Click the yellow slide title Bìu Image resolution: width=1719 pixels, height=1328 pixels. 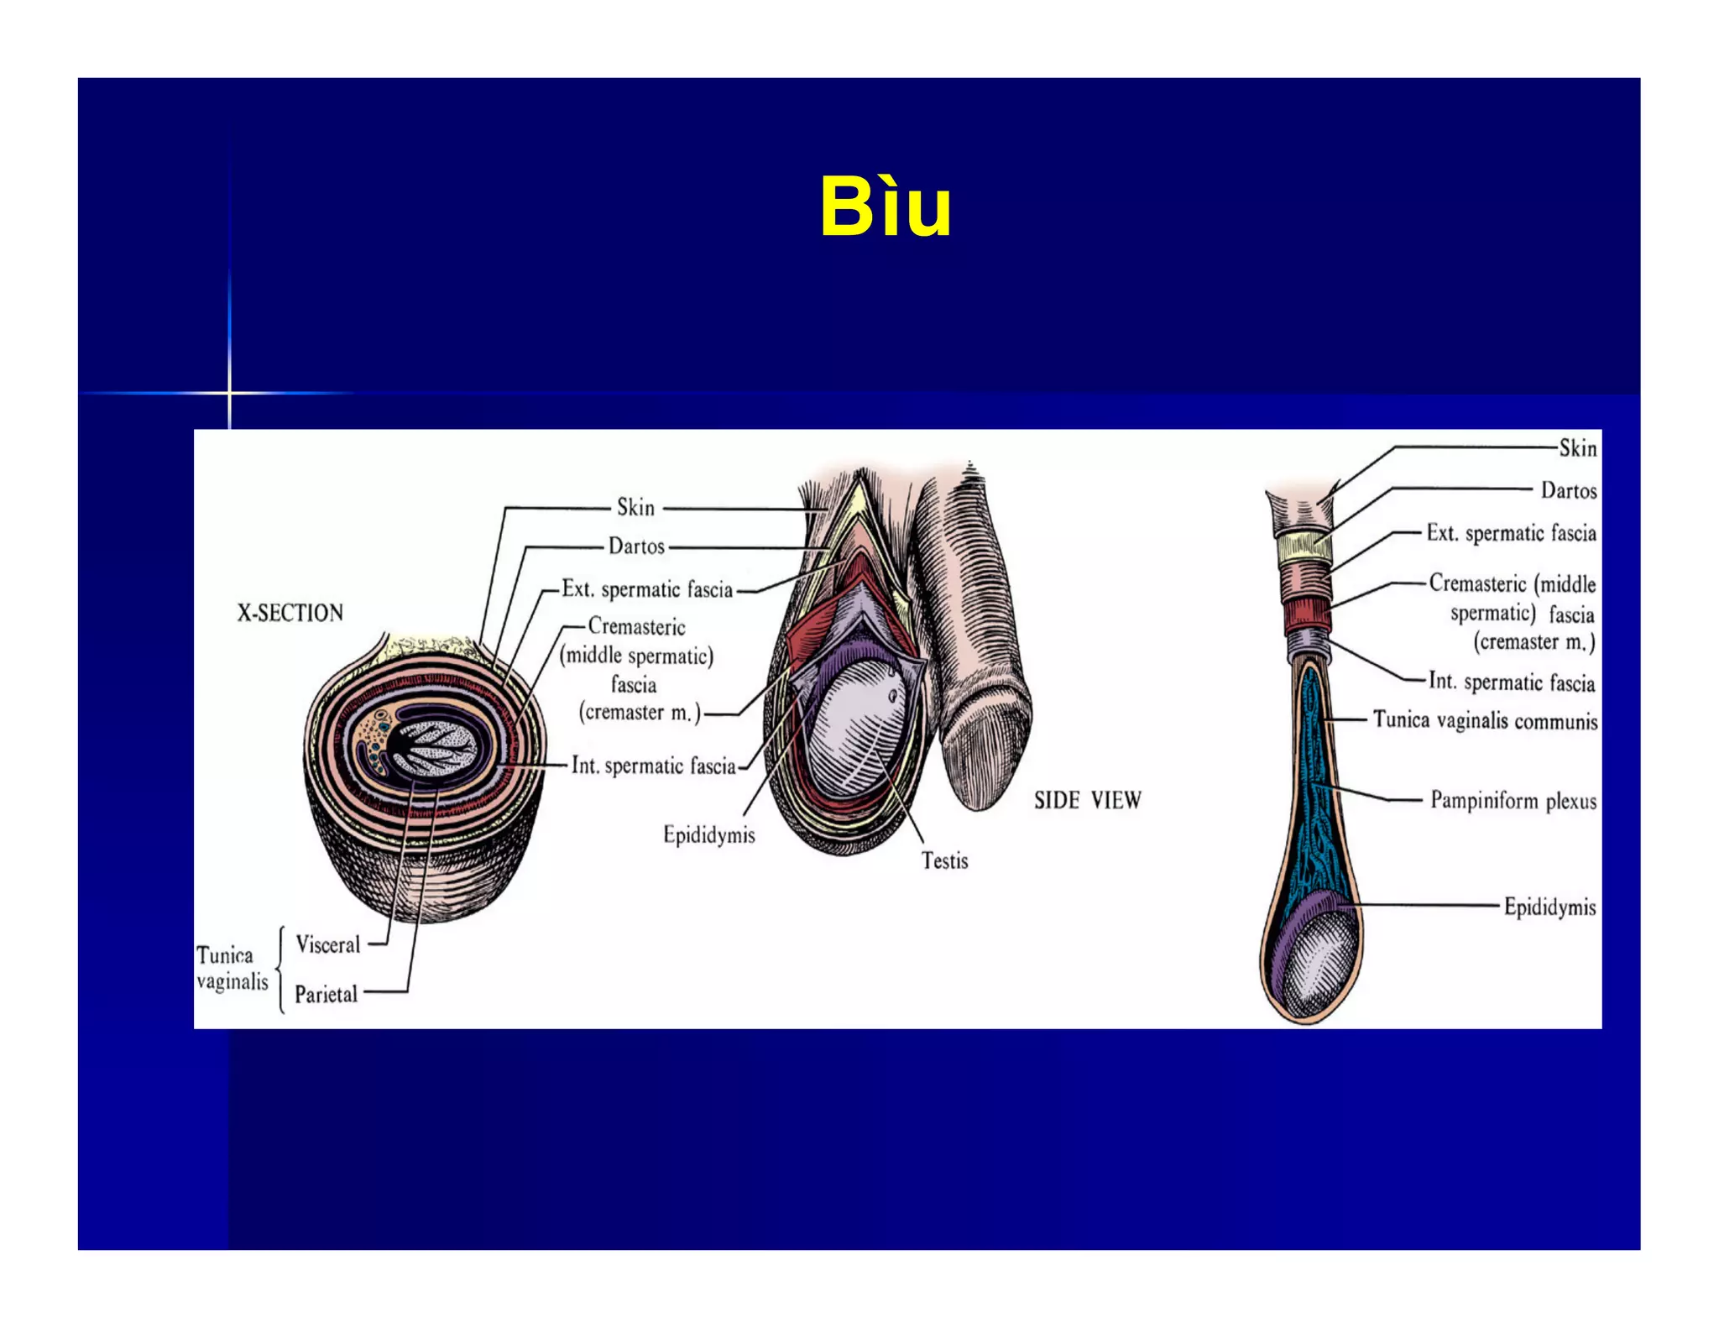click(886, 207)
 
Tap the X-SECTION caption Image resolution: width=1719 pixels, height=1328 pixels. click(290, 613)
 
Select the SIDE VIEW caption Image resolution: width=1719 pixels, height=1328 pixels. click(1087, 800)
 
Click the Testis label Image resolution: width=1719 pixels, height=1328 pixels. click(944, 860)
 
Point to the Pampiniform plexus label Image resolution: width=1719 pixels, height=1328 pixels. click(1513, 800)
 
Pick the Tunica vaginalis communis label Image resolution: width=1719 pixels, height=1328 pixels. click(1485, 720)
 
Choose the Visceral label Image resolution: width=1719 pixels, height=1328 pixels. click(327, 944)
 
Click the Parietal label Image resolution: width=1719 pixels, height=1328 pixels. click(326, 995)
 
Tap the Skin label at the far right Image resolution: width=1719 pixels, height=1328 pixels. click(1577, 448)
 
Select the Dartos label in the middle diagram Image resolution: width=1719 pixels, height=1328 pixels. click(636, 546)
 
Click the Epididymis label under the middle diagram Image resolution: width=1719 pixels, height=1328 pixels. click(708, 834)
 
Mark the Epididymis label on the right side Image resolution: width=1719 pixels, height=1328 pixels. click(1549, 907)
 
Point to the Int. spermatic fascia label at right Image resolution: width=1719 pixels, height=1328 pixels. click(1511, 682)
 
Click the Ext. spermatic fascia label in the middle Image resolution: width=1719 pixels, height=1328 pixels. click(647, 589)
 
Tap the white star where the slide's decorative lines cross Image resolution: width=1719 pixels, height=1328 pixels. click(228, 392)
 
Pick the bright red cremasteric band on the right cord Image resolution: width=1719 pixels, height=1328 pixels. click(1307, 619)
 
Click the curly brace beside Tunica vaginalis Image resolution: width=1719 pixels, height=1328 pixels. click(280, 970)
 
